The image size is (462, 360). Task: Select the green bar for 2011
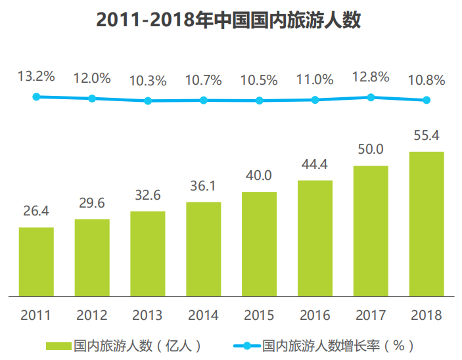36,261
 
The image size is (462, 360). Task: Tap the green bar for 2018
427,223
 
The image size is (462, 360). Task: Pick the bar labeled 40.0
259,244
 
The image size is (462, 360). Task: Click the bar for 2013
148,254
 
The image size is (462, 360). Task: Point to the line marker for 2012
92,99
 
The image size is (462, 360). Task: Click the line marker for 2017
371,97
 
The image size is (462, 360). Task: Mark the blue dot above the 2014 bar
204,101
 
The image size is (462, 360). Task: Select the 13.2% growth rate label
36,77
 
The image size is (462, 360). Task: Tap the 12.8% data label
371,78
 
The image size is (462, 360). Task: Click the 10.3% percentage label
148,81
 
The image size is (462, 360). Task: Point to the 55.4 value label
427,136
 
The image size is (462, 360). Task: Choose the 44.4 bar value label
315,164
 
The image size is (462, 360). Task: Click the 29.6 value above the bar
92,203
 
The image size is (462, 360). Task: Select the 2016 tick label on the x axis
315,315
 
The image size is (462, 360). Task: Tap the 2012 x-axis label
92,315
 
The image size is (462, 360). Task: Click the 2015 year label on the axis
259,315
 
